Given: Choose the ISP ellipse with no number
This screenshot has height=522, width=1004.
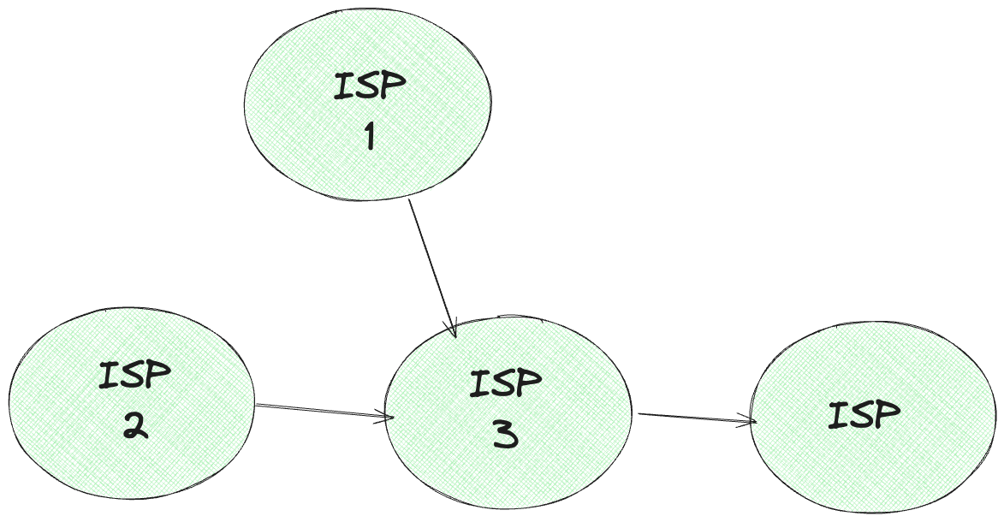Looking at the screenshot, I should pos(864,462).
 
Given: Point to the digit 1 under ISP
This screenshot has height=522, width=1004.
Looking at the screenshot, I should pos(370,136).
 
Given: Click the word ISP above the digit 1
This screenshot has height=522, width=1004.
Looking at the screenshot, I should pos(371,86).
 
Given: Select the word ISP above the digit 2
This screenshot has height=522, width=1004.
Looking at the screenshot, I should pos(134,375).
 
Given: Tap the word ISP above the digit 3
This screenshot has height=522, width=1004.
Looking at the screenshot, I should pos(506,383).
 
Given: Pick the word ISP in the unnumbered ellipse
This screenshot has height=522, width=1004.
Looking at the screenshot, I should pos(864,415).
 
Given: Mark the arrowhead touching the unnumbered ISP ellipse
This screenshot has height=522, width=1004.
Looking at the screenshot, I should pos(751,421).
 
